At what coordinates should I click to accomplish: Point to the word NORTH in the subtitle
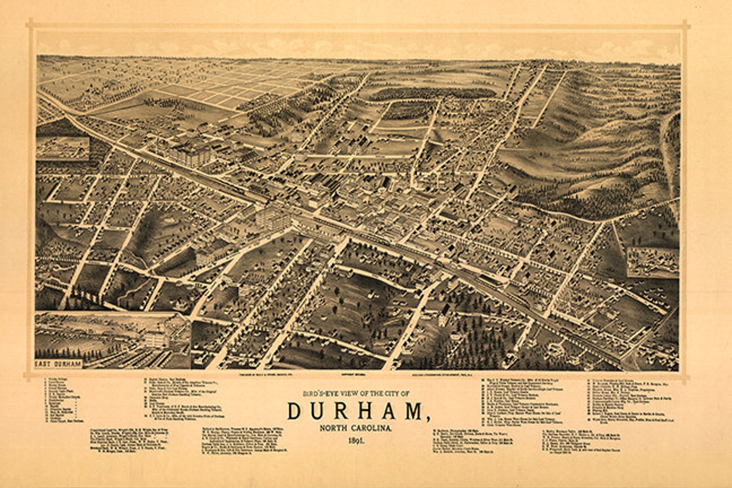click(x=332, y=429)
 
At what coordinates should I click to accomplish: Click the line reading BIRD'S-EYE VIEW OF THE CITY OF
click(x=355, y=394)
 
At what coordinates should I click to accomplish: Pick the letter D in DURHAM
click(x=296, y=412)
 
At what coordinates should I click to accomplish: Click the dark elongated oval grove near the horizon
click(x=431, y=94)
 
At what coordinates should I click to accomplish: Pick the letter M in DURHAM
click(x=413, y=412)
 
